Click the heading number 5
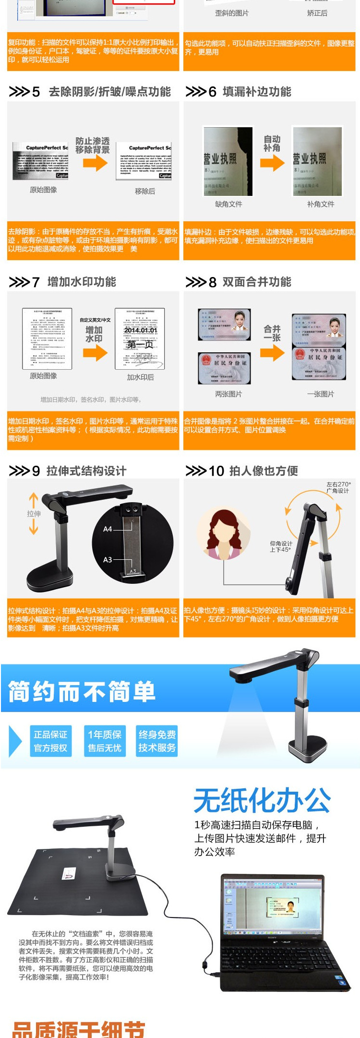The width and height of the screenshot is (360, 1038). (36, 92)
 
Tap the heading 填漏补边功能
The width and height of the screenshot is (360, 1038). (257, 92)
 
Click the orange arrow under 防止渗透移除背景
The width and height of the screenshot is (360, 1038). (95, 163)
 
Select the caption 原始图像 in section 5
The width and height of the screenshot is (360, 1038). (43, 190)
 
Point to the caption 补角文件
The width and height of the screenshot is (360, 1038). (321, 204)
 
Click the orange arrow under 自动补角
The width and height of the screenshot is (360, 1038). (272, 163)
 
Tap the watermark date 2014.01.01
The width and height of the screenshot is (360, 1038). (140, 330)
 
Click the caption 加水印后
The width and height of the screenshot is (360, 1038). (140, 377)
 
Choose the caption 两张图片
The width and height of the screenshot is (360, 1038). (228, 394)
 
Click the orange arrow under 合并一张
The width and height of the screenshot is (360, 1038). (272, 353)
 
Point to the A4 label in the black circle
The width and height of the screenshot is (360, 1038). (108, 529)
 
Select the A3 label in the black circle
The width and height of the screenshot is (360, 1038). (108, 559)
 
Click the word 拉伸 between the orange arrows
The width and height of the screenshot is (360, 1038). (34, 514)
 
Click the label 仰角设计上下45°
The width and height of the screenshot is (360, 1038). (281, 546)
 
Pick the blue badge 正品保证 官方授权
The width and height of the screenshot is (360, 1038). (50, 741)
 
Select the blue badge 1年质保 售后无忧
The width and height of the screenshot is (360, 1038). (105, 741)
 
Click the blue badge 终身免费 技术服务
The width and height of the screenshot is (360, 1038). (157, 741)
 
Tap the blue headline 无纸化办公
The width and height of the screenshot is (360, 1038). (262, 800)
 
